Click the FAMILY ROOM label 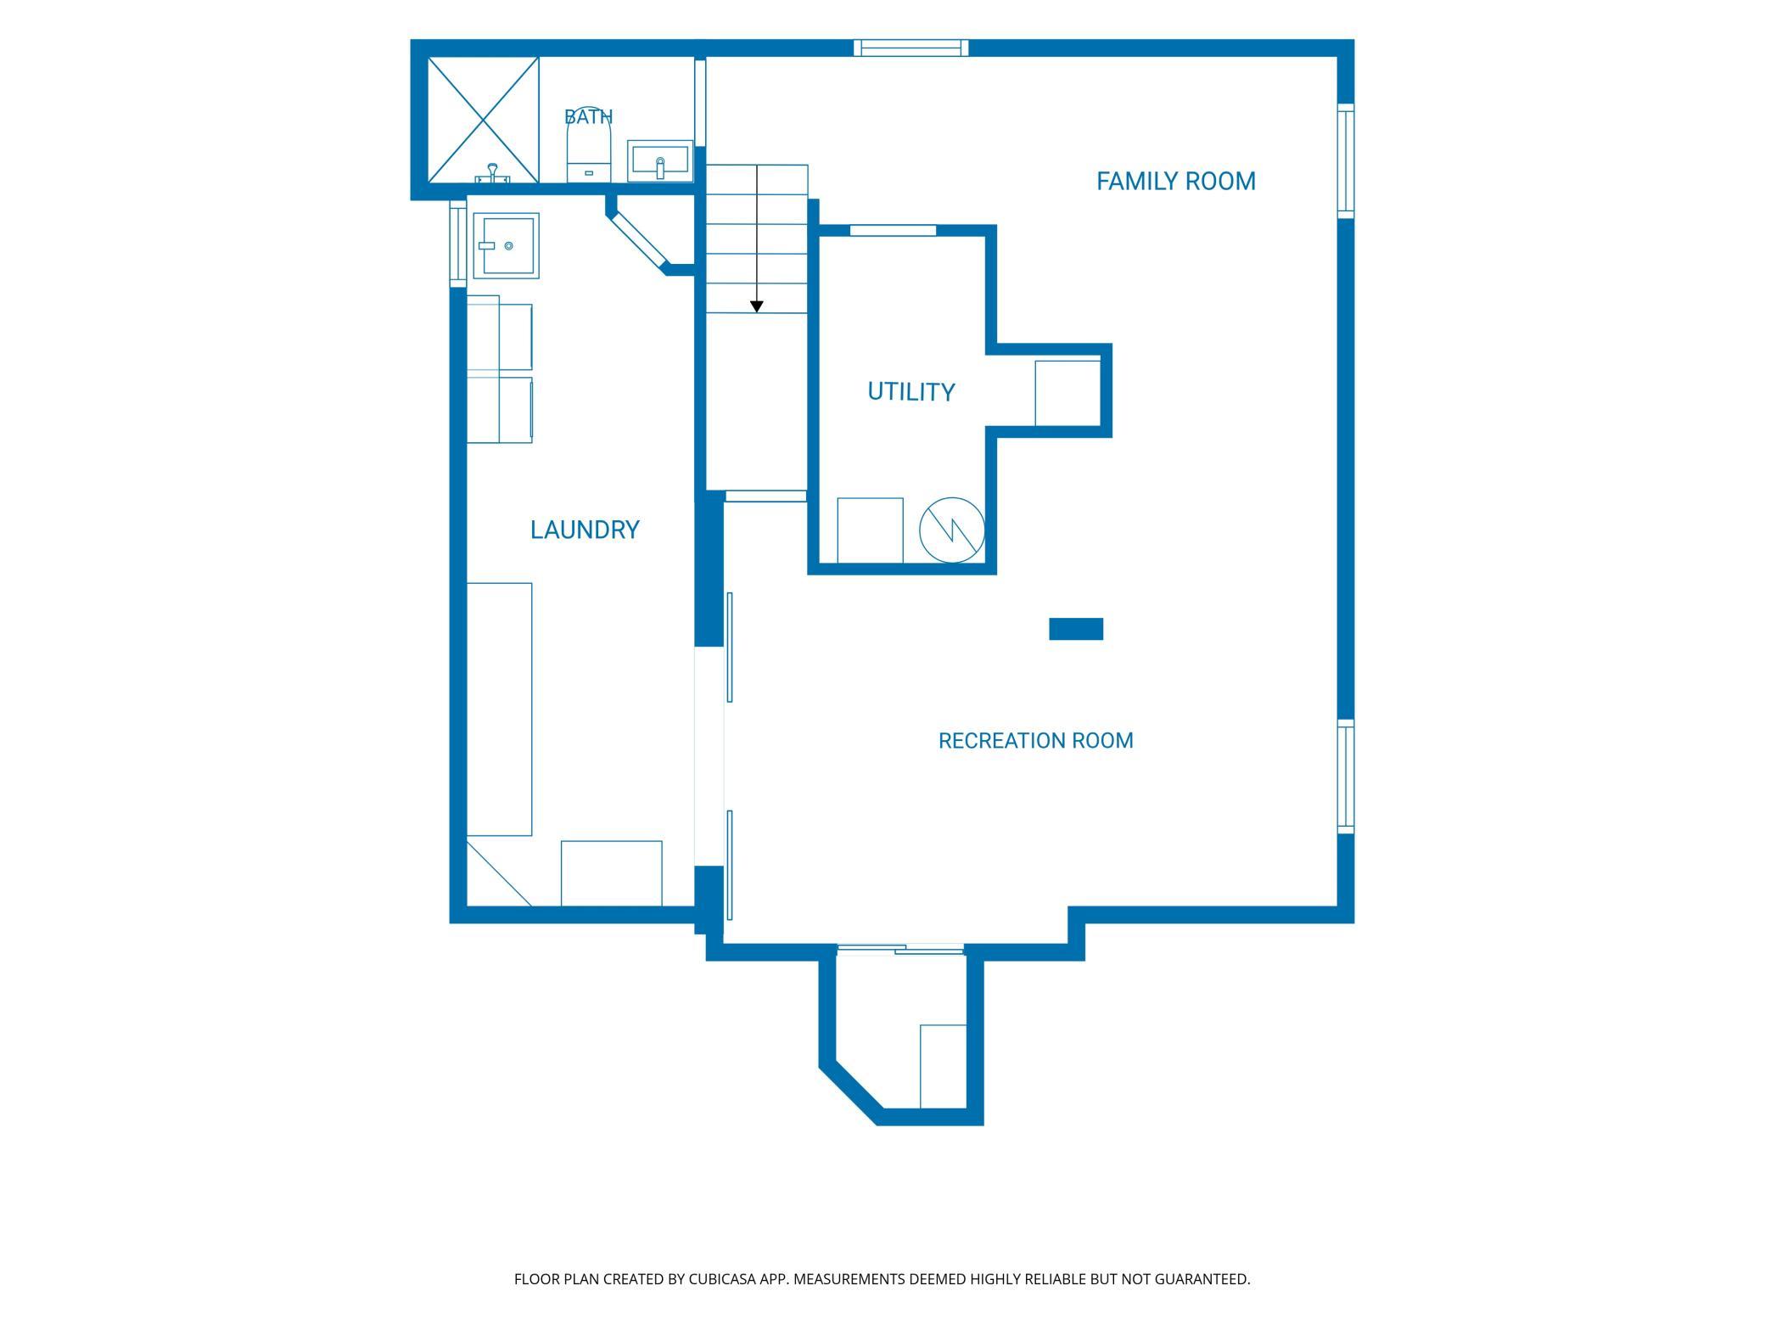pyautogui.click(x=1176, y=181)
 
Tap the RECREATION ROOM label pyautogui.click(x=1035, y=741)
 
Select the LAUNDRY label pyautogui.click(x=585, y=530)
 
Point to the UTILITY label pyautogui.click(x=911, y=391)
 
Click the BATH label pyautogui.click(x=588, y=116)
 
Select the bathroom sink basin pyautogui.click(x=660, y=161)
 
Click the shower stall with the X pyautogui.click(x=483, y=120)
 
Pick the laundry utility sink pyautogui.click(x=506, y=245)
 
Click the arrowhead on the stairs pyautogui.click(x=757, y=306)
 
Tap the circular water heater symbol pyautogui.click(x=952, y=530)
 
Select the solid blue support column pyautogui.click(x=1076, y=629)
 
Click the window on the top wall pyautogui.click(x=911, y=48)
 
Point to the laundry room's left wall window pyautogui.click(x=458, y=242)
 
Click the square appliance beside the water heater pyautogui.click(x=870, y=530)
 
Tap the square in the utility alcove pyautogui.click(x=1067, y=393)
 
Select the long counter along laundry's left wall pyautogui.click(x=500, y=709)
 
